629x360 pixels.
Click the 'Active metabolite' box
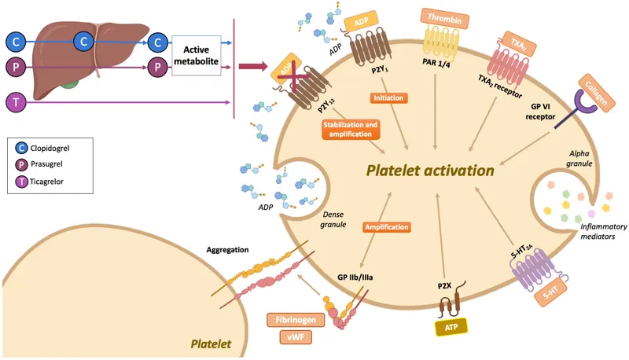(197, 54)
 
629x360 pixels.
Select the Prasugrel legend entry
(51, 164)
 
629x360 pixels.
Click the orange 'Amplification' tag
(387, 227)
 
